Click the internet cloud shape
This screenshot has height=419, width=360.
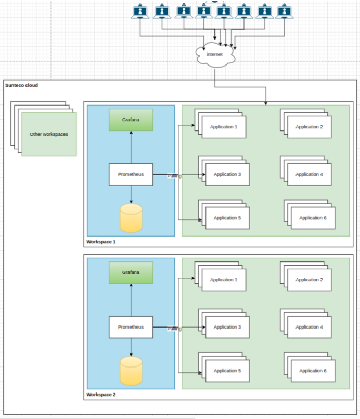coord(214,55)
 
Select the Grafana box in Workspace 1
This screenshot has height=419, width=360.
coord(131,120)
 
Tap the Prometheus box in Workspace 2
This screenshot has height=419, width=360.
coord(131,327)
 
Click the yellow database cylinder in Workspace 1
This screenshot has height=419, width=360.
coord(131,218)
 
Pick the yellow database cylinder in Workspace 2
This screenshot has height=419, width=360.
coord(131,371)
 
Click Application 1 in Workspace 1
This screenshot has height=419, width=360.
coord(224,127)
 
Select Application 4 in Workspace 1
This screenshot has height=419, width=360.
coord(310,174)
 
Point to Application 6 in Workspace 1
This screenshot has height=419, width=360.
coord(313,218)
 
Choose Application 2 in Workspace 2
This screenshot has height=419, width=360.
coord(310,280)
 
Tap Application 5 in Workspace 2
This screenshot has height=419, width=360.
coord(227,371)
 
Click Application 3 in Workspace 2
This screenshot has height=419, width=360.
coord(227,327)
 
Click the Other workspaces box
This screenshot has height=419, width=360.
coord(49,134)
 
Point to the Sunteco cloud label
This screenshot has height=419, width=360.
coord(21,85)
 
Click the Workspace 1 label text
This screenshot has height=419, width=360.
coord(101,242)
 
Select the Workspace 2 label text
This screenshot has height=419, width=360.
coord(101,395)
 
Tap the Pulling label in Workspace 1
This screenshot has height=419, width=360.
coord(174,176)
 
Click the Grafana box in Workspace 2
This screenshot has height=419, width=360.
coord(131,272)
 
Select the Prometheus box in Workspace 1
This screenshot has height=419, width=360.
coord(131,174)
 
